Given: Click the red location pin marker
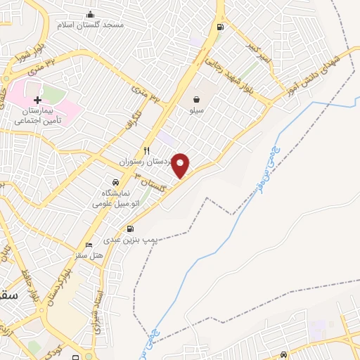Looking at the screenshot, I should (181, 165).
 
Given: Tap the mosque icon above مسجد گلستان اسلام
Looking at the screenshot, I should (89, 14).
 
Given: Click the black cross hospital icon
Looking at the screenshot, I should (37, 101).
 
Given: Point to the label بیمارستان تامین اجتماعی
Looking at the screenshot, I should (39, 116).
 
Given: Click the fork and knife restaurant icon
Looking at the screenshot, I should (146, 150).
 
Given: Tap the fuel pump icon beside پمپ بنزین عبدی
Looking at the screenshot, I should (131, 229).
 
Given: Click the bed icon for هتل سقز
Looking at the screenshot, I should (88, 245).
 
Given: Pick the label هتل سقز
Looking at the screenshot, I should (89, 254).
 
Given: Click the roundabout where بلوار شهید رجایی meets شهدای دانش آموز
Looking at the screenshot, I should (269, 103).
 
